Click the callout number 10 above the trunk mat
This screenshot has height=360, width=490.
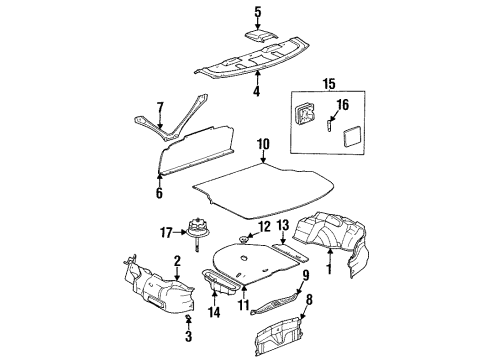click(x=262, y=143)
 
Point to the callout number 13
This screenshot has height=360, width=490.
click(x=283, y=226)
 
